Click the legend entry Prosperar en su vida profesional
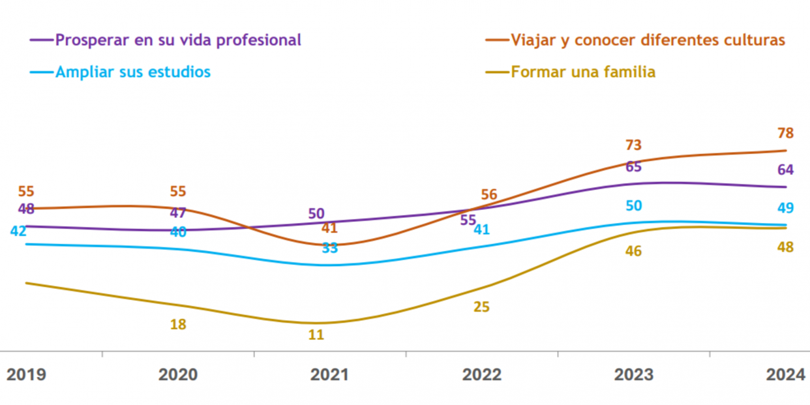pos(178,40)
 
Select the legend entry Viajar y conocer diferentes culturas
pos(648,40)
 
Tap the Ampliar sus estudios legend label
pos(133,72)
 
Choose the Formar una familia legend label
pos(583,72)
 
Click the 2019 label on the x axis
pos(26,375)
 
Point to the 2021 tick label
pos(329,375)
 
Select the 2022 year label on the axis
pos(481,375)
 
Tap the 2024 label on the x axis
pos(785,375)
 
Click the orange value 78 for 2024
pos(785,133)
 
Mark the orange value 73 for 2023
pos(633,145)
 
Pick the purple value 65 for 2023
pos(633,166)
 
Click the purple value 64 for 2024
pos(785,170)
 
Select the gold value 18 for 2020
pos(178,324)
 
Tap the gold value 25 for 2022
pos(481,307)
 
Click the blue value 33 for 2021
pos(330,248)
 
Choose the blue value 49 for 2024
pos(785,208)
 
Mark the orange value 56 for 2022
pos(488,194)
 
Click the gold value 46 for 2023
pos(633,251)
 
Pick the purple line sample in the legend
pos(41,40)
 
